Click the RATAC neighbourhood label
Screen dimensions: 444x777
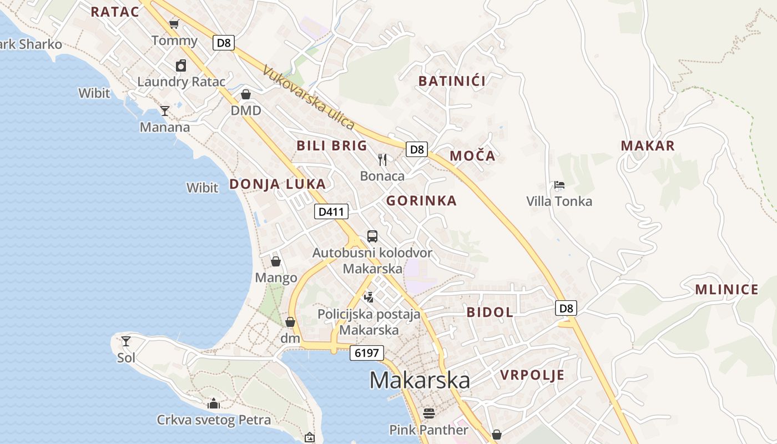[115, 12]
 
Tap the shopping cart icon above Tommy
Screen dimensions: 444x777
[174, 24]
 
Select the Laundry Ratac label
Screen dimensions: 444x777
[181, 82]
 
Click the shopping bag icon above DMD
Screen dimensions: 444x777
[246, 94]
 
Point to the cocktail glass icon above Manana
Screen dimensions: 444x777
[164, 111]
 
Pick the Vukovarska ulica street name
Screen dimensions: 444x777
[309, 97]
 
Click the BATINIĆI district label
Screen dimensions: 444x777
[452, 81]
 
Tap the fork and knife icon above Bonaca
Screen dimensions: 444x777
[382, 160]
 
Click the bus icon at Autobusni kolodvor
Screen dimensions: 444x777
[372, 236]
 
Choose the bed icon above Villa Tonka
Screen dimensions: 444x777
[559, 185]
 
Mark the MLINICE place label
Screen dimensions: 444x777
[726, 289]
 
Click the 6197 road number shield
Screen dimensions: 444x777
[366, 352]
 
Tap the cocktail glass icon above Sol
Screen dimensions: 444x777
[126, 341]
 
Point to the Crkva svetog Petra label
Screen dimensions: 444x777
[214, 420]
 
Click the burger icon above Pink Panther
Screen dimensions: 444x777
[428, 413]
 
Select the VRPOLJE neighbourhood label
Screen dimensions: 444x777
[532, 375]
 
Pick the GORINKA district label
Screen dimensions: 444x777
[421, 201]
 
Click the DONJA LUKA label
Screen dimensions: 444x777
[277, 184]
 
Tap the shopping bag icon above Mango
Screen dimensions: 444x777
[276, 261]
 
